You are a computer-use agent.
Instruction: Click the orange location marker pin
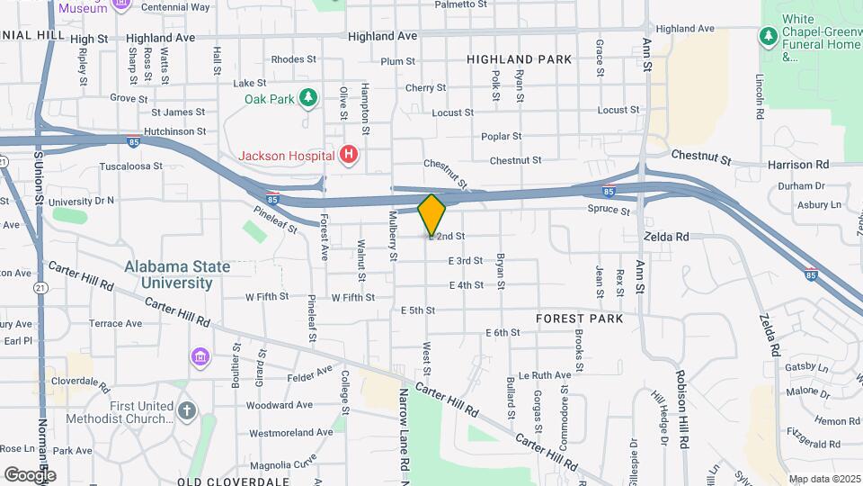tap(432, 214)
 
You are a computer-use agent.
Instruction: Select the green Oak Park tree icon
tap(308, 96)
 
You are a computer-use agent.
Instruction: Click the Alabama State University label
tap(177, 274)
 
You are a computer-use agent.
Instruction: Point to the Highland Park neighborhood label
tap(519, 59)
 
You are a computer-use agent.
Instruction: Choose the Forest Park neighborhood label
tap(579, 319)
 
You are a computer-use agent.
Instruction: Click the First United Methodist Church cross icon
tap(186, 411)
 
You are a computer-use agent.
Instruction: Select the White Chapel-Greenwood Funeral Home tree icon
tap(767, 37)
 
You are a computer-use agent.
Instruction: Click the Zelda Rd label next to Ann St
tap(666, 236)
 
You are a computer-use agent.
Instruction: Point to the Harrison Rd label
tap(797, 165)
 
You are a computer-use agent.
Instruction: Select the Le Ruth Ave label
tap(545, 374)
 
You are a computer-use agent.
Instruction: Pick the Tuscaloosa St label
tap(130, 166)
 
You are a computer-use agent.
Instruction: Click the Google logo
tap(30, 474)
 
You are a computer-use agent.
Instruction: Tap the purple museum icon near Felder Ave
tap(199, 358)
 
